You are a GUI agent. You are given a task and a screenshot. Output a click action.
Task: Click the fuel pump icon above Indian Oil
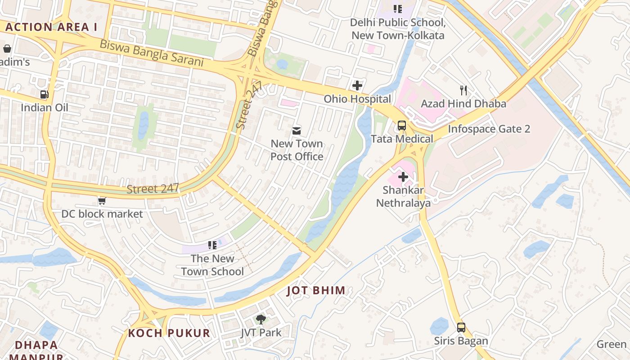44,94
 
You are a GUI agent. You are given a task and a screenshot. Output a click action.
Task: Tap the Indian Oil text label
45,108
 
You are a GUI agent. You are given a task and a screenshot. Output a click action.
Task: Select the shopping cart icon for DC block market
102,201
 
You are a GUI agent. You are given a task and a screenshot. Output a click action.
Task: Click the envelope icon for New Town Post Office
297,131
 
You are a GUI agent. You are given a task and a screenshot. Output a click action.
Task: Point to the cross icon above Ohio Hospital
357,85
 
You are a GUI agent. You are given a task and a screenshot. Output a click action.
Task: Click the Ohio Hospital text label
357,99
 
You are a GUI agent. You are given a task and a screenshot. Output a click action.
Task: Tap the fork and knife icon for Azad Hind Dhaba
463,90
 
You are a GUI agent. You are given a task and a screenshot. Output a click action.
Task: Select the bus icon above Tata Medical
402,126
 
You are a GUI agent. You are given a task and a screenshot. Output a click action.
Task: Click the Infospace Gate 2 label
489,129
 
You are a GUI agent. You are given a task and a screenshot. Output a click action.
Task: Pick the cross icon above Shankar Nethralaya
403,177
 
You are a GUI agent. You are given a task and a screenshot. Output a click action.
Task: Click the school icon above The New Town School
212,245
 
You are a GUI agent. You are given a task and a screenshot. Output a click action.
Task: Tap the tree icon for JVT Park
261,319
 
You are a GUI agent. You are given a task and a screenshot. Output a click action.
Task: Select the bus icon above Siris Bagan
461,328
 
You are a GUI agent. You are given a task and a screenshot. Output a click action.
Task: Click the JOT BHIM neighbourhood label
316,291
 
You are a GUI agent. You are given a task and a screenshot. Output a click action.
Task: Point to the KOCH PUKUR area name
169,333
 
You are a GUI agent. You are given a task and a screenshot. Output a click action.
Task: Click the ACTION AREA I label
51,27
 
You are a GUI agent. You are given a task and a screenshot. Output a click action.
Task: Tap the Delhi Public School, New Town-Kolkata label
398,29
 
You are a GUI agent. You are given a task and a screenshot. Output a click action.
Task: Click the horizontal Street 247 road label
153,189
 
